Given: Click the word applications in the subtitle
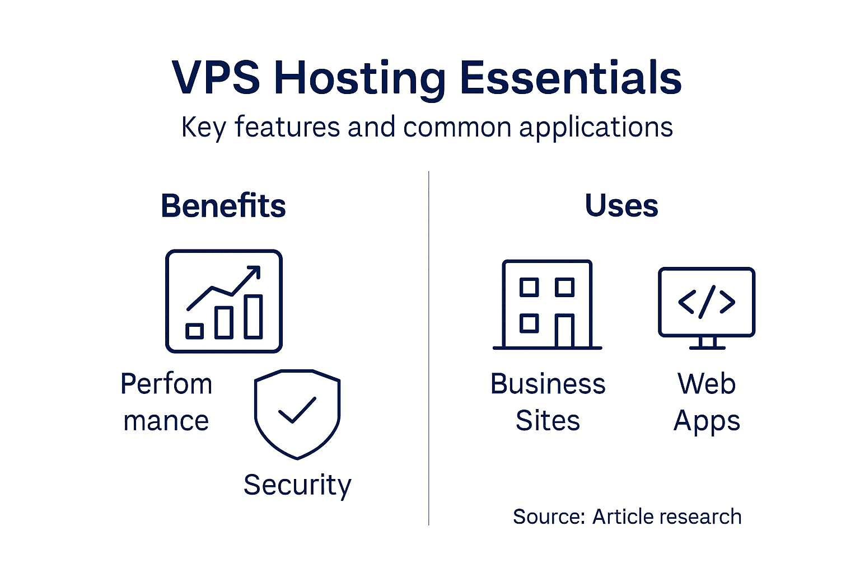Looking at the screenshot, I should tap(596, 128).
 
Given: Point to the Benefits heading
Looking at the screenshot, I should tap(223, 206).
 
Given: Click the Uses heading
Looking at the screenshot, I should tap(621, 205).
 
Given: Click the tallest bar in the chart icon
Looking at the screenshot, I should tap(253, 317).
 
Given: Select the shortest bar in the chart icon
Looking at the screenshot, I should tap(194, 331).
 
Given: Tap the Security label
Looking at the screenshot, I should tap(297, 485).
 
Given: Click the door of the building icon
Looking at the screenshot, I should tap(564, 331).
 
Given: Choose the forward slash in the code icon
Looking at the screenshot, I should tap(707, 302).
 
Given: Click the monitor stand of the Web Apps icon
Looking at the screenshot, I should tap(707, 342).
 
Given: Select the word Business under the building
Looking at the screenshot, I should tap(548, 384).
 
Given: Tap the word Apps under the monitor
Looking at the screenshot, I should tap(707, 421).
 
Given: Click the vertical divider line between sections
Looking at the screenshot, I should tap(429, 347).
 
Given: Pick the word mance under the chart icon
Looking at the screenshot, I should tap(166, 421).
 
